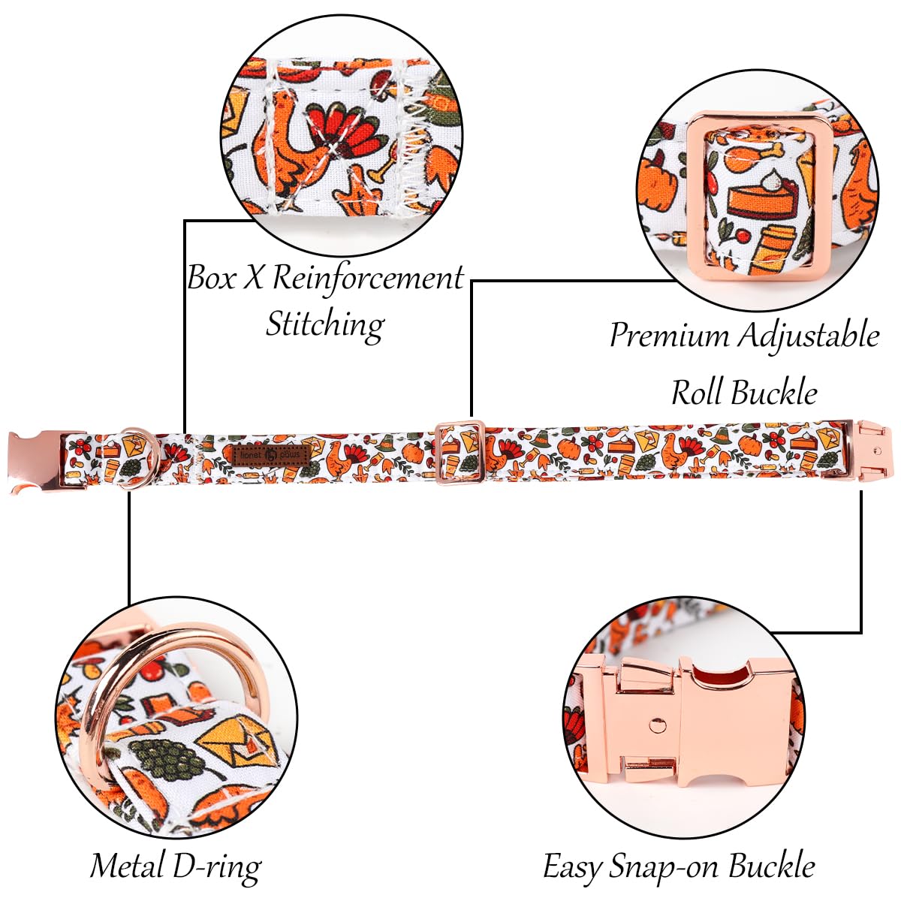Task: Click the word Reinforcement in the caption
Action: pyautogui.click(x=368, y=278)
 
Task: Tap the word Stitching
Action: pyautogui.click(x=324, y=324)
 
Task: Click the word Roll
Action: pyautogui.click(x=697, y=392)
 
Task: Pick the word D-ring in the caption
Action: pyautogui.click(x=216, y=866)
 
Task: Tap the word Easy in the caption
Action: pyautogui.click(x=572, y=866)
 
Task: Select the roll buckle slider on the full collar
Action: pyautogui.click(x=460, y=453)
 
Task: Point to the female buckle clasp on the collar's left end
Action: pyautogui.click(x=36, y=460)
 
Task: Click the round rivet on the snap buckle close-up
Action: pyautogui.click(x=658, y=725)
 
